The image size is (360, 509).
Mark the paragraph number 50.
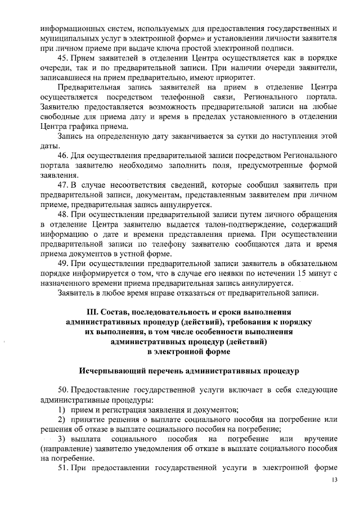pyautogui.click(x=64, y=390)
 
